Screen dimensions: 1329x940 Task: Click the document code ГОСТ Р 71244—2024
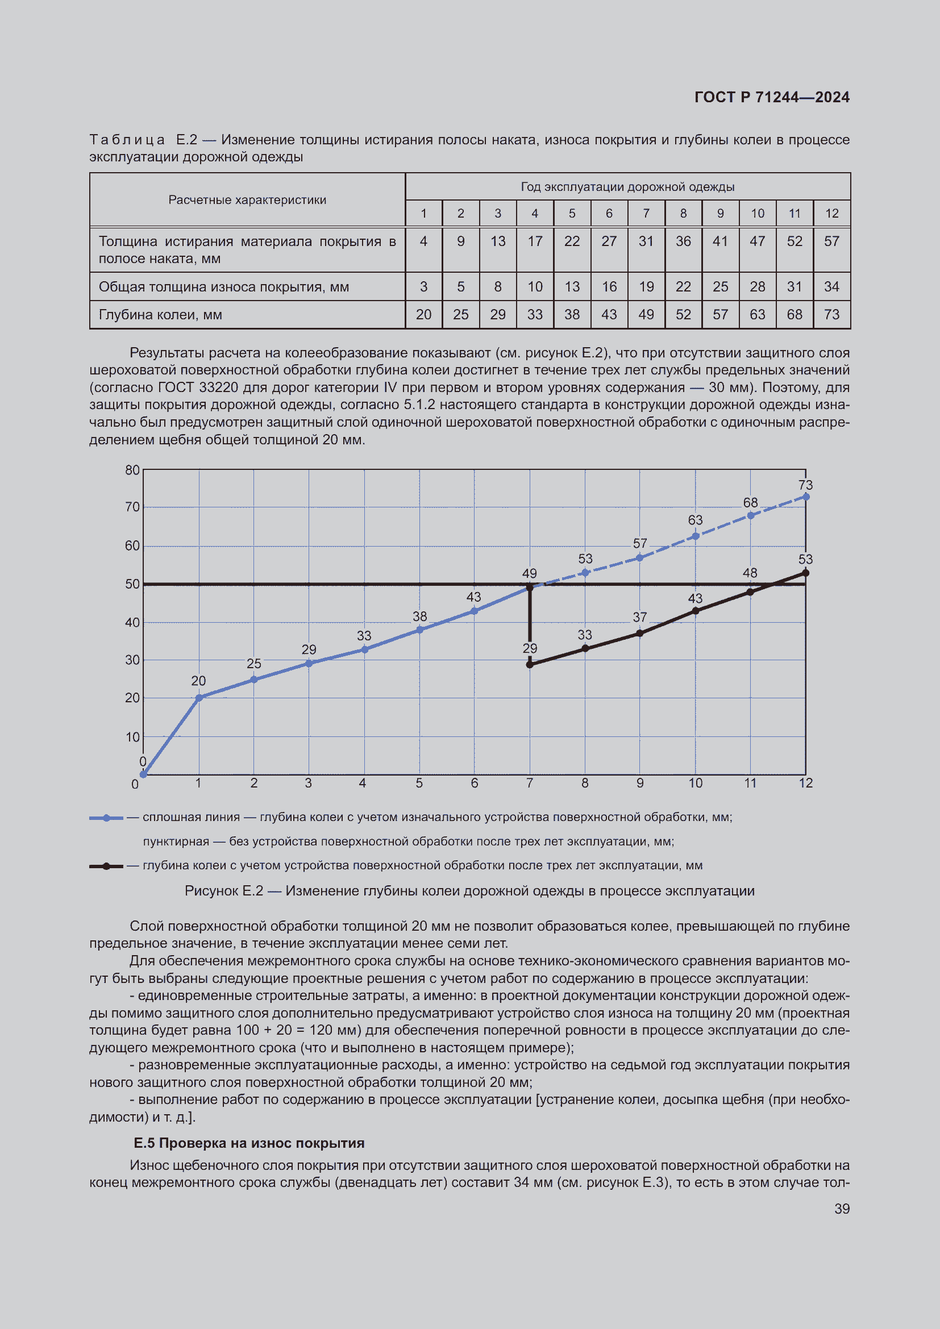click(772, 97)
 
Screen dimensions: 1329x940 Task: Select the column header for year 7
click(646, 214)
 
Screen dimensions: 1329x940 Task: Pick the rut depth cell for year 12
click(831, 314)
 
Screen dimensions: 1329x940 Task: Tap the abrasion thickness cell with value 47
click(757, 241)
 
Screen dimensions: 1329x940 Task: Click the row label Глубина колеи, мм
click(160, 314)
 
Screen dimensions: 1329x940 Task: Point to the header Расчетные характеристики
click(247, 199)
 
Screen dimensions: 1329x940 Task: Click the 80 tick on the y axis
click(132, 470)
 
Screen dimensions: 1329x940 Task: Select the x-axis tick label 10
click(695, 783)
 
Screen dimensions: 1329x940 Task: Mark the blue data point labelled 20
click(198, 698)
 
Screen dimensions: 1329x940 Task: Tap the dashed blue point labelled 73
click(806, 497)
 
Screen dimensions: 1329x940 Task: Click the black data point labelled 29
click(530, 665)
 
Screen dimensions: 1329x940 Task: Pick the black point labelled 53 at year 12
click(806, 573)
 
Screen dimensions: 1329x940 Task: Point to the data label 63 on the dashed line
click(695, 520)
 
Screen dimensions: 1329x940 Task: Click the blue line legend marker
click(106, 818)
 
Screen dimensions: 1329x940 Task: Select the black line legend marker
click(106, 866)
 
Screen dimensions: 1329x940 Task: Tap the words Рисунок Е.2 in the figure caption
click(223, 891)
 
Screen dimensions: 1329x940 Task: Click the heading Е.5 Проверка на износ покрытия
click(249, 1143)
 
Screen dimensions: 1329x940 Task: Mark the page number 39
click(842, 1209)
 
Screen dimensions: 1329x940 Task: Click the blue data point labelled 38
click(419, 630)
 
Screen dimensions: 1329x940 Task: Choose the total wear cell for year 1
click(424, 286)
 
